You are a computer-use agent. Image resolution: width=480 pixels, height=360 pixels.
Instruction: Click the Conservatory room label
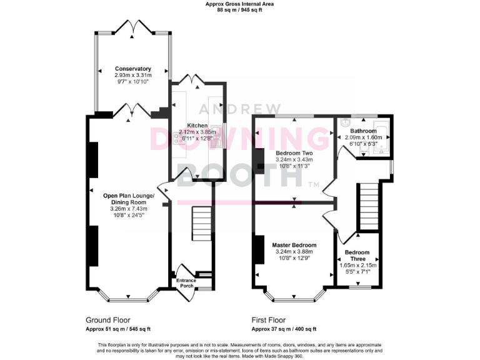point(132,69)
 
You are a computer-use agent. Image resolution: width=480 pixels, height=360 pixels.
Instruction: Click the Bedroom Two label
point(294,153)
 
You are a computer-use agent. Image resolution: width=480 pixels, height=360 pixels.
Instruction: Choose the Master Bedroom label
point(294,245)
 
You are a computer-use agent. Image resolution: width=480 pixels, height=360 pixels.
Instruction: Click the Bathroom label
point(363,131)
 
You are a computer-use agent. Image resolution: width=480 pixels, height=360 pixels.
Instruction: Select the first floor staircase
point(369,206)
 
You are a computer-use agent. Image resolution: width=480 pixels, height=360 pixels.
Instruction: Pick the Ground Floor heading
point(107,319)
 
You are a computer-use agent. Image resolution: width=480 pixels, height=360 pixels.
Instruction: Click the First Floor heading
point(270,319)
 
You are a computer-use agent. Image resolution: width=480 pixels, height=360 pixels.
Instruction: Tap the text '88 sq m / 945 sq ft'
point(240,10)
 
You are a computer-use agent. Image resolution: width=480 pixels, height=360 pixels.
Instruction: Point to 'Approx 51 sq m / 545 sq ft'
point(118,329)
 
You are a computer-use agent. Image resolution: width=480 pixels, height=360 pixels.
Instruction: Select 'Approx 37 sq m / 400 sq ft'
point(284,329)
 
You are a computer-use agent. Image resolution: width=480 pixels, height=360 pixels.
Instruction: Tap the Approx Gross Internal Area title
point(240,4)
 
